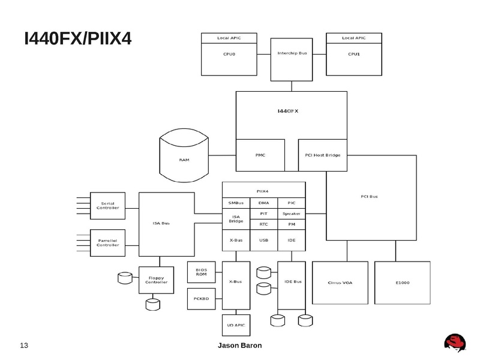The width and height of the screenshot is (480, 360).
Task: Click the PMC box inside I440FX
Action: point(260,155)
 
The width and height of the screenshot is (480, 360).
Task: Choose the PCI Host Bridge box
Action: point(323,155)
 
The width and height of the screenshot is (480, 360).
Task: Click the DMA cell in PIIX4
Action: point(263,203)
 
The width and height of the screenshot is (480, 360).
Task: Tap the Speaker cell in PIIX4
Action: point(291,213)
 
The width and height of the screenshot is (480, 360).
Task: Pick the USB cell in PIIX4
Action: point(263,240)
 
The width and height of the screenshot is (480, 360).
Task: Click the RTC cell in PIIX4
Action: point(263,224)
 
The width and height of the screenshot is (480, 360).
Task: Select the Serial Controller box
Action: point(107,206)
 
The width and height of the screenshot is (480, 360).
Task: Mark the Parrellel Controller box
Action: point(107,242)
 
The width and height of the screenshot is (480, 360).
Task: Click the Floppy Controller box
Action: point(157,280)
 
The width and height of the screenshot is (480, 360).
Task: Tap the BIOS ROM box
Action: point(202,272)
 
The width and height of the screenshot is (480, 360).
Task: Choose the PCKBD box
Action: point(202,298)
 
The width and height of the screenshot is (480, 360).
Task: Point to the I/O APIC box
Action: point(236,325)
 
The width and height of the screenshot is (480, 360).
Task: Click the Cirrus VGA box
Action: point(340,282)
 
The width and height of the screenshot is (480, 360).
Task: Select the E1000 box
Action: point(403,282)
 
